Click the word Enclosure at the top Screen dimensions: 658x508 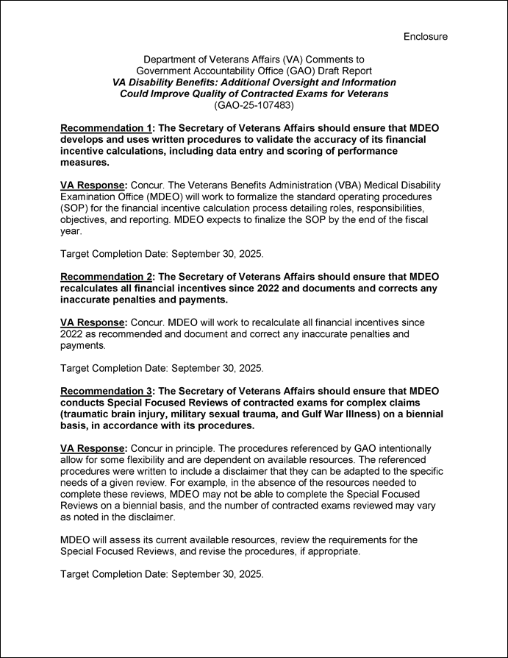pos(425,36)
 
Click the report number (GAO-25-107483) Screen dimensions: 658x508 pos(254,106)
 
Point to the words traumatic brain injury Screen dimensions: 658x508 pos(114,414)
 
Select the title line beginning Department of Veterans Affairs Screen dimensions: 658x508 pos(254,59)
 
